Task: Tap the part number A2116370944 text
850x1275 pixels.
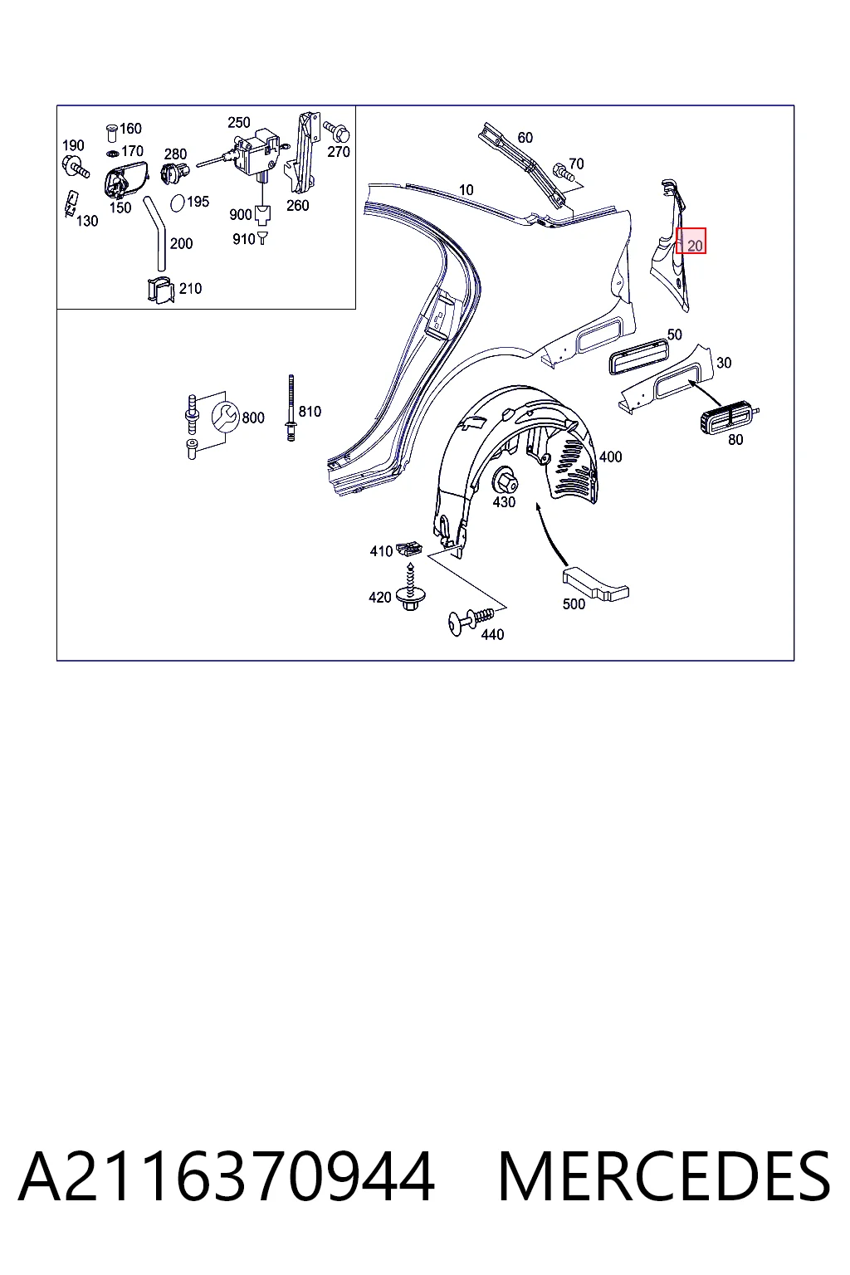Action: pyautogui.click(x=227, y=1176)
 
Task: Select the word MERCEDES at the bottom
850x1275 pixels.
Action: pyautogui.click(x=664, y=1176)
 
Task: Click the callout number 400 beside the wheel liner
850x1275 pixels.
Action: pyautogui.click(x=610, y=457)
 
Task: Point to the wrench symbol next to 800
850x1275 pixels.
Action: pyautogui.click(x=226, y=418)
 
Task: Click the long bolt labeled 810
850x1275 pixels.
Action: pyautogui.click(x=291, y=408)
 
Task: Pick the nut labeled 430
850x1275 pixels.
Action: pyautogui.click(x=505, y=480)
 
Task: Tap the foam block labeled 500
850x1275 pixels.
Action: pyautogui.click(x=595, y=585)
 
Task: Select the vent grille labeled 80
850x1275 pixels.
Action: pyautogui.click(x=729, y=419)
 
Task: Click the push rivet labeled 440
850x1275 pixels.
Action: pyautogui.click(x=471, y=620)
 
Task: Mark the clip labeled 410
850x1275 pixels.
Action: pyautogui.click(x=409, y=550)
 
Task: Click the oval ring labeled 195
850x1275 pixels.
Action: pyautogui.click(x=178, y=203)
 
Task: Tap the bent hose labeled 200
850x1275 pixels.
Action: pyautogui.click(x=157, y=232)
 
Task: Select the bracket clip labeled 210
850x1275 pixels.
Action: pyautogui.click(x=160, y=291)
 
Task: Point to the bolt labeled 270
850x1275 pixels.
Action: pyautogui.click(x=337, y=131)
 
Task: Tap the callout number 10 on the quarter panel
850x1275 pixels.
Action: pyautogui.click(x=467, y=190)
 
